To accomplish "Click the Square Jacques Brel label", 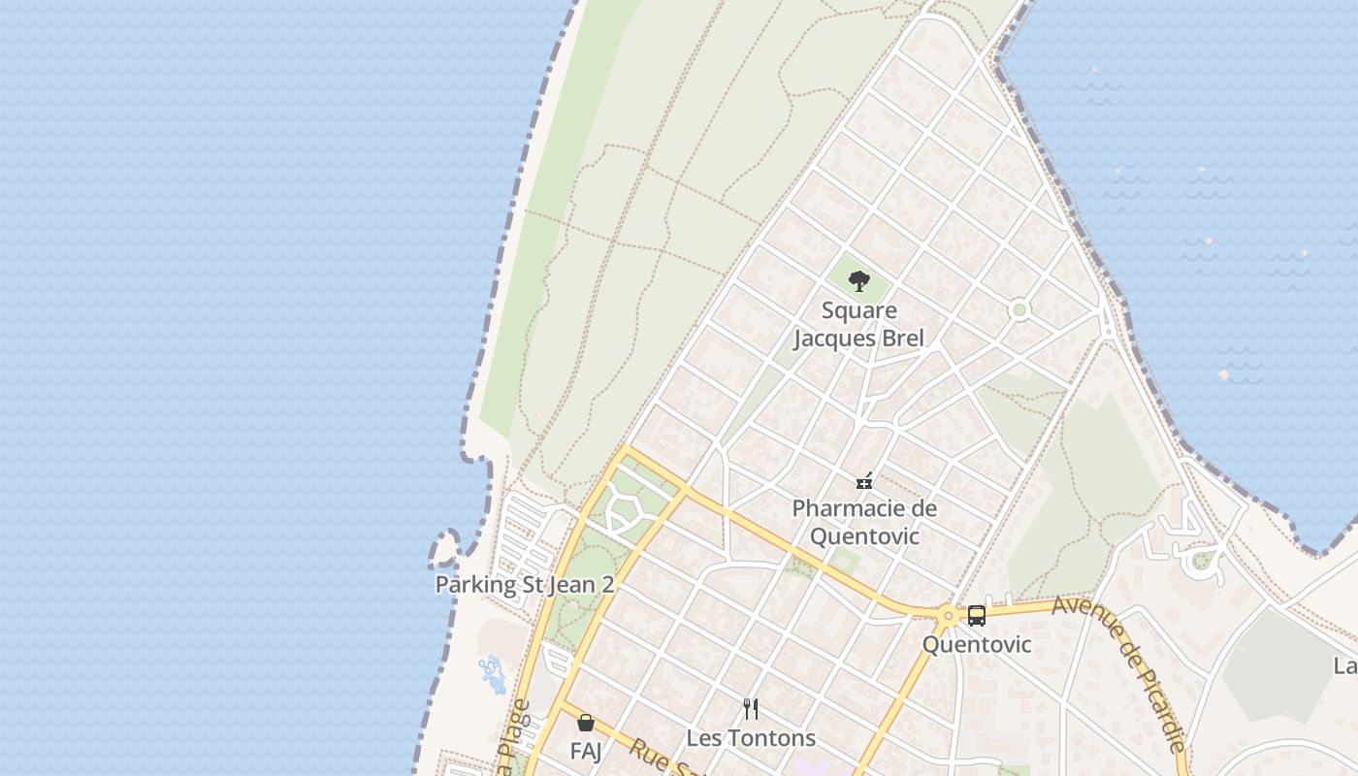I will coord(858,324).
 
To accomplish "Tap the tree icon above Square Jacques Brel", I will coord(858,281).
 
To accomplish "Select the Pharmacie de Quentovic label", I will coord(864,522).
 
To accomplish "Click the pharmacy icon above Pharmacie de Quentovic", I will coord(864,480).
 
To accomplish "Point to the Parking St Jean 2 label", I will coord(524,585).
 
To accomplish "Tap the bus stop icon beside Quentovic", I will coord(976,615).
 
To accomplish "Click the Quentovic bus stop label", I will coord(976,644).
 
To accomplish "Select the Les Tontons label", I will coord(751,737).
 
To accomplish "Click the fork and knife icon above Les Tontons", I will coord(750,708).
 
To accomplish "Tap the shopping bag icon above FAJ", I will coord(585,723).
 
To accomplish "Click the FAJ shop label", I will coord(585,751).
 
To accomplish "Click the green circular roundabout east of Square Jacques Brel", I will coord(1018,310).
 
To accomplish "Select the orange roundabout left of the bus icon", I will coord(948,615).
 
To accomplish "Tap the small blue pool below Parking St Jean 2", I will coord(493,673).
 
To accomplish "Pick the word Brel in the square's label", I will coord(899,338).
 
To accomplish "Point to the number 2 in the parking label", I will coord(607,585).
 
